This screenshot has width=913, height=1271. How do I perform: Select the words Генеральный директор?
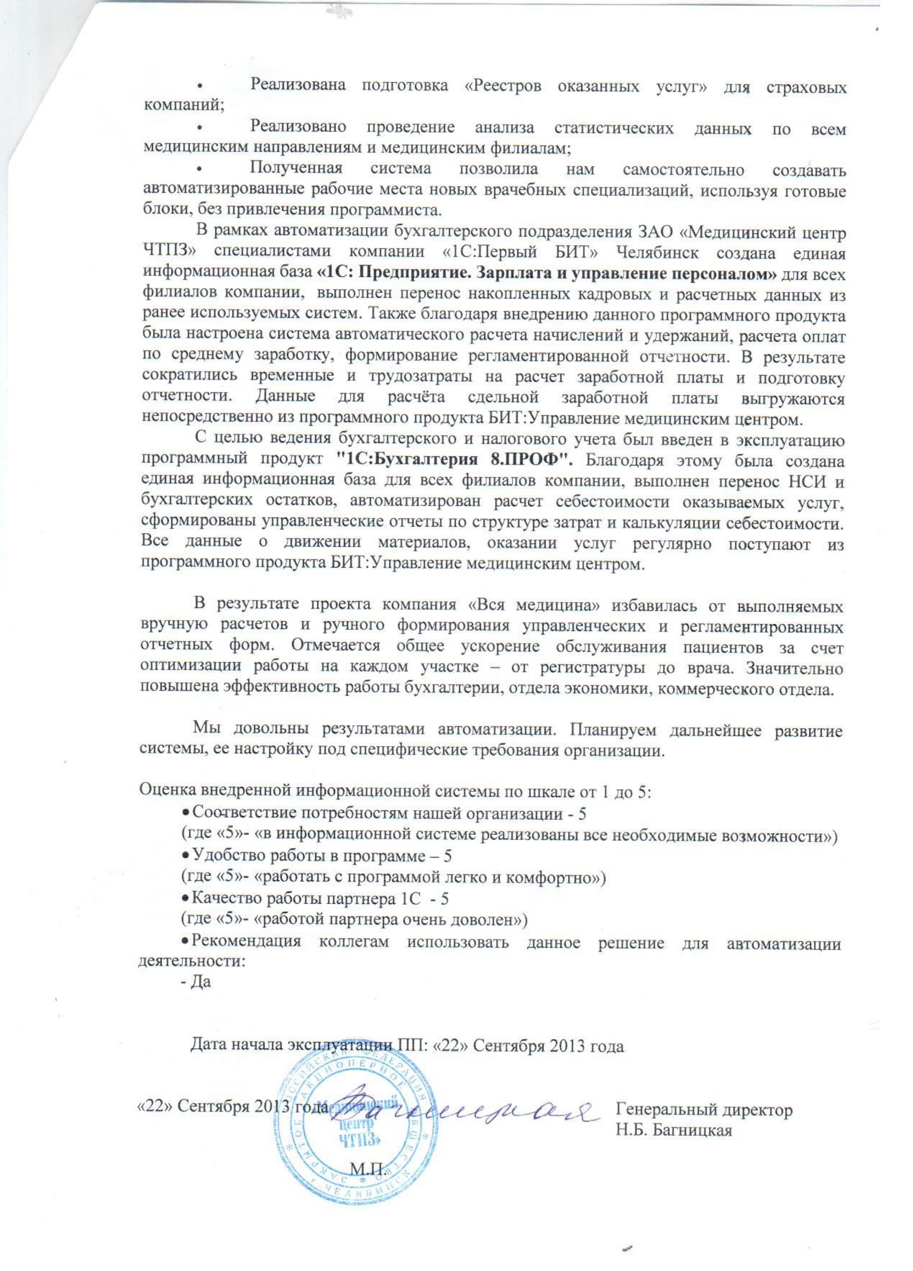click(704, 1109)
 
